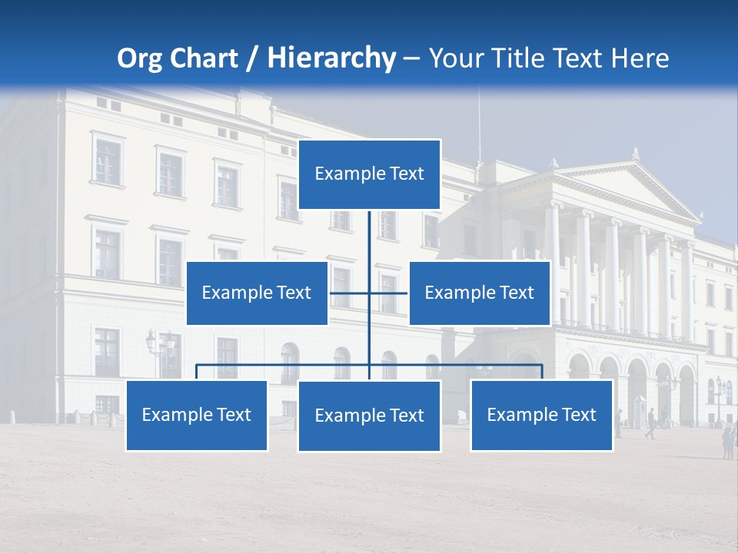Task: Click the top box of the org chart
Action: coord(369,174)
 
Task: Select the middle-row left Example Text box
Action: coord(257,293)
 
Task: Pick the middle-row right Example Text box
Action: coord(479,293)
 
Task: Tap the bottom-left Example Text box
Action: coord(196,416)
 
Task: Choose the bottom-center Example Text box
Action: coord(369,416)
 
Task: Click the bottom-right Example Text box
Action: coord(541,416)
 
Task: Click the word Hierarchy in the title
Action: coord(331,58)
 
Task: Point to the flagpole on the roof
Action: coord(478,123)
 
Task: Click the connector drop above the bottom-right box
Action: coord(542,372)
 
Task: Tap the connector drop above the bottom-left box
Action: coord(197,372)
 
